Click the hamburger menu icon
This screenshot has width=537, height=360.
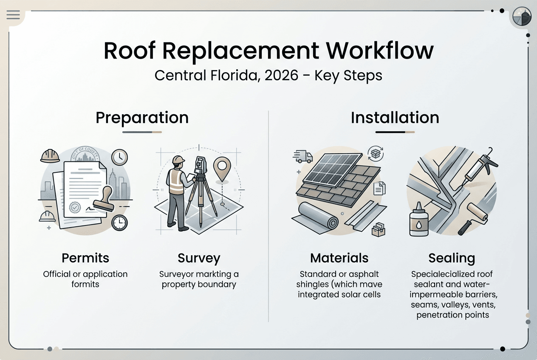point(13,15)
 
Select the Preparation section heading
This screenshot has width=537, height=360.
point(142,118)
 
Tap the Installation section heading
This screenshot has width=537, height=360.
point(395,118)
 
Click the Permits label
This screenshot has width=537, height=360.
point(85,258)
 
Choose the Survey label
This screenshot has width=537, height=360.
point(199,258)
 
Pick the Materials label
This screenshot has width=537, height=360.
point(339,258)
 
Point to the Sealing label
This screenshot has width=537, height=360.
point(452,258)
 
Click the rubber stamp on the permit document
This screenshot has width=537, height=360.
point(104,200)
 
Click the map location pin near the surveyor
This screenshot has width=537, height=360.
point(221,166)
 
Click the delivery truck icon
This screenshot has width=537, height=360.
point(303,156)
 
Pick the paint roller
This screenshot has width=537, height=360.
point(474,214)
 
